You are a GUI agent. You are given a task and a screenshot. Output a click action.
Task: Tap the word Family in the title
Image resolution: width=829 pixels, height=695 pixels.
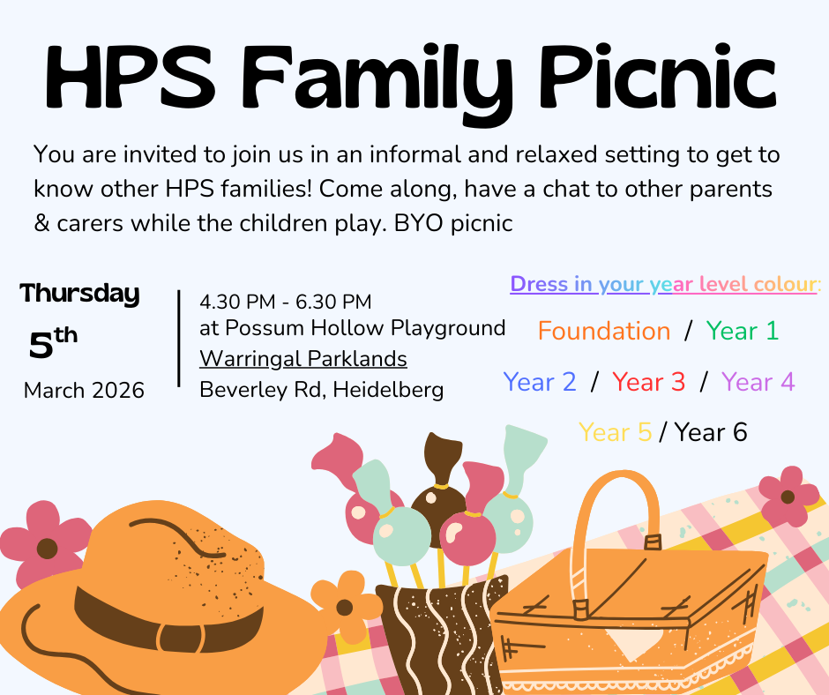click(x=377, y=84)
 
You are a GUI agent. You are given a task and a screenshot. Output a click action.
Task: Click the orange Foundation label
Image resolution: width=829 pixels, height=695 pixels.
click(x=604, y=331)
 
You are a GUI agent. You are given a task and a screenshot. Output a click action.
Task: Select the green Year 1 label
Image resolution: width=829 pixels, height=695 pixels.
click(x=743, y=331)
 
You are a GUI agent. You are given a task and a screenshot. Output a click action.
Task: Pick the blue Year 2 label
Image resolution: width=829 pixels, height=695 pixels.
click(x=539, y=382)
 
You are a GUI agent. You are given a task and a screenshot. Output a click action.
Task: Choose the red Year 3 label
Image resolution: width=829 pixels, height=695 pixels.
click(x=649, y=382)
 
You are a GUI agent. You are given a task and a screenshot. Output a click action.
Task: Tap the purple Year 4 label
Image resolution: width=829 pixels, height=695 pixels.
click(x=758, y=382)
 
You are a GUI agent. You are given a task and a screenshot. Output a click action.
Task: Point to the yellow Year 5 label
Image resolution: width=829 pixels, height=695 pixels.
click(x=615, y=432)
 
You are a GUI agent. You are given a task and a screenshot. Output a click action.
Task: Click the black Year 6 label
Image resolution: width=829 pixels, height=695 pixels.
click(x=711, y=432)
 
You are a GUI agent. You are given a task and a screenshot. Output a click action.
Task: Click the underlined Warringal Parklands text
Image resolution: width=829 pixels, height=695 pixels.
click(x=303, y=359)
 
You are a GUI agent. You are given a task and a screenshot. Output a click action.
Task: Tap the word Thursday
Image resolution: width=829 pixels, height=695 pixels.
click(x=80, y=294)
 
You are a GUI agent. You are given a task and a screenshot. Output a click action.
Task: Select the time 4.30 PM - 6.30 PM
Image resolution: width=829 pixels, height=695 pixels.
click(x=286, y=302)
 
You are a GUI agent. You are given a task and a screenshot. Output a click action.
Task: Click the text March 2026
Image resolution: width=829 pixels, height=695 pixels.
click(x=84, y=391)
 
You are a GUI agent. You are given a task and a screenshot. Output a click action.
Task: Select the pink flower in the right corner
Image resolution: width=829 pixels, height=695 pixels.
click(x=788, y=497)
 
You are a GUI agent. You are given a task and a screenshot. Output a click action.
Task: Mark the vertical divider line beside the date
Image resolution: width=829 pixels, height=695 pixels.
click(x=179, y=339)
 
